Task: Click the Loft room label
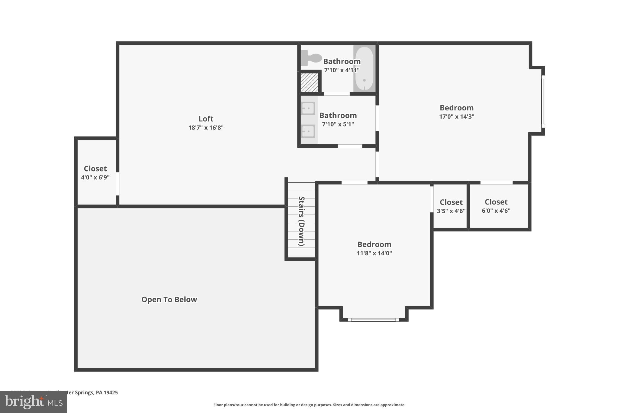[206, 119]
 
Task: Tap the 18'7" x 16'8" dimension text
[206, 128]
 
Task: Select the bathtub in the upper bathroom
[364, 68]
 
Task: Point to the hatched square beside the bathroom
[309, 83]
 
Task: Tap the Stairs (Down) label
[301, 221]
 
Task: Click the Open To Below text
[169, 300]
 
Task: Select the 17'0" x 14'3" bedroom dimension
[456, 116]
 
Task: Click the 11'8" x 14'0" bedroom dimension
[374, 253]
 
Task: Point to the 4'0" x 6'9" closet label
[95, 178]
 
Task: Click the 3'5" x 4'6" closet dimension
[451, 211]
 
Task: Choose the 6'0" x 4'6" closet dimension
[496, 211]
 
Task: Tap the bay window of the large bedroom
[543, 101]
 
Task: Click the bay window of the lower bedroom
[374, 320]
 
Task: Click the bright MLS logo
[33, 402]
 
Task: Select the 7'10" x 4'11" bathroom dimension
[342, 70]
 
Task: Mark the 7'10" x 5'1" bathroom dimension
[338, 124]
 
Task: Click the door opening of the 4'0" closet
[118, 184]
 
